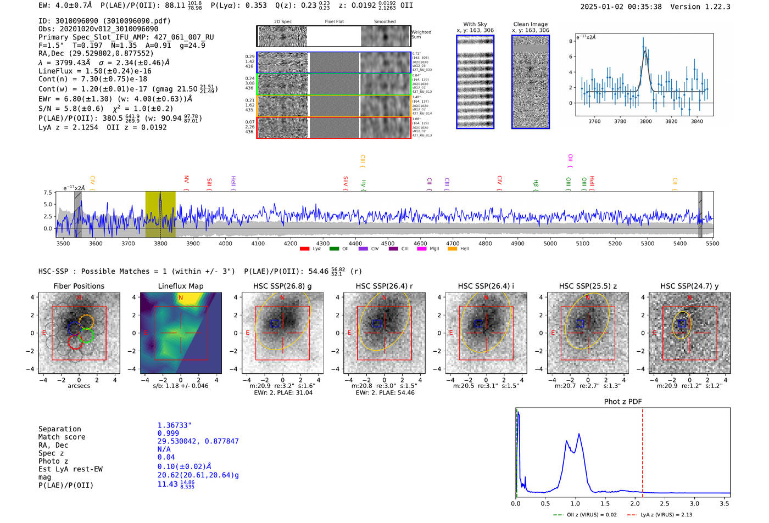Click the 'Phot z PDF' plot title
tap(623, 402)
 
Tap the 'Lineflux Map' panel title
tap(181, 286)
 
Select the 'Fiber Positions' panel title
tap(79, 286)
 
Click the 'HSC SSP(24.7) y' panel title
tap(689, 286)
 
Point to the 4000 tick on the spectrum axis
tap(225, 244)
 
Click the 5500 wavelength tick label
tap(712, 244)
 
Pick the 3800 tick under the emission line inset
tap(645, 121)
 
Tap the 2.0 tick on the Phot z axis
tap(635, 503)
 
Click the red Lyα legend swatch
tap(304, 249)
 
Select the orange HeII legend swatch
tap(452, 249)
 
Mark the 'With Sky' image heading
tap(475, 24)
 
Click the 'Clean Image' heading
tap(530, 24)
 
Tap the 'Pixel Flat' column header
tap(334, 22)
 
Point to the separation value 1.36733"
tap(175, 425)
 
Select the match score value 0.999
tap(168, 433)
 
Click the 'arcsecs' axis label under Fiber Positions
tap(79, 386)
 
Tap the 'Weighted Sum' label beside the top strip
tap(421, 35)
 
